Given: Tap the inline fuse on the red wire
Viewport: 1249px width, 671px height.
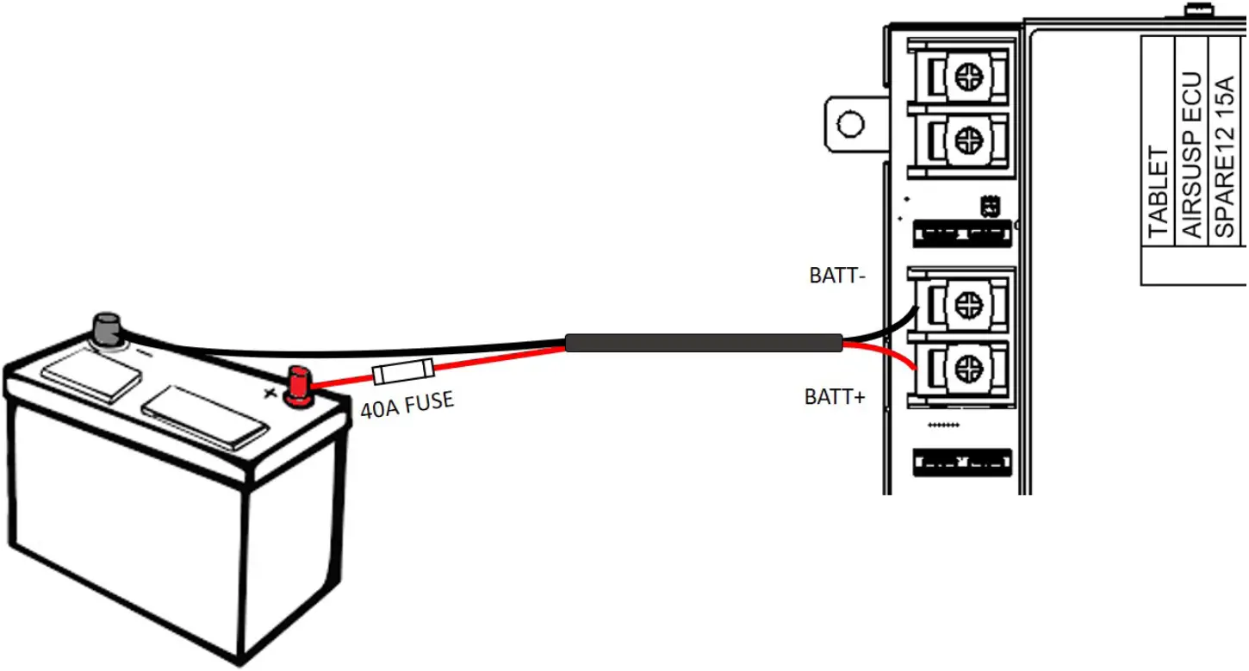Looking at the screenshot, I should pos(402,372).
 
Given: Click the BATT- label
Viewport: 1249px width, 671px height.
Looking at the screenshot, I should pos(836,276).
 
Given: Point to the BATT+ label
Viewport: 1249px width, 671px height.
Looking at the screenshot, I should pos(835,397).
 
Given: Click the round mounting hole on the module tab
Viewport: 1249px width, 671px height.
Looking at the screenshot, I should pos(850,124).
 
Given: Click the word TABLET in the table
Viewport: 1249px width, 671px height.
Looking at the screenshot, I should pos(1159,192).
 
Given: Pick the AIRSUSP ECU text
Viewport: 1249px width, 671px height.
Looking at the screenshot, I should pos(1191,157).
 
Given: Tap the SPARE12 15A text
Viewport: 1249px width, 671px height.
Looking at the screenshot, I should pos(1223,157).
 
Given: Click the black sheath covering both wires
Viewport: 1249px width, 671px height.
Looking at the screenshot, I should pos(703,343).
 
